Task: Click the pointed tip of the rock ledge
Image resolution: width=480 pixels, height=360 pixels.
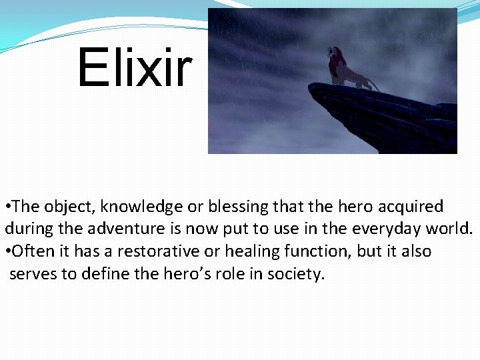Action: coord(311,86)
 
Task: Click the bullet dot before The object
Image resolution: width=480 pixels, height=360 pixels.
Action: coord(7,207)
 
